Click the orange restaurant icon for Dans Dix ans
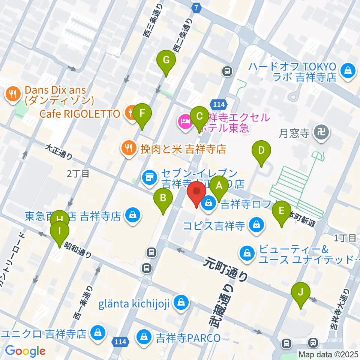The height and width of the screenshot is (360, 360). [13, 94]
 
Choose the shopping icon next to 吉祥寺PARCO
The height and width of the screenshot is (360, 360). [144, 336]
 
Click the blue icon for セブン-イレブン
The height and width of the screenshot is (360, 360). [149, 176]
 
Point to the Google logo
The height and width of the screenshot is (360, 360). [25, 351]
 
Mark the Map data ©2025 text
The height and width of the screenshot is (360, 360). [328, 354]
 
